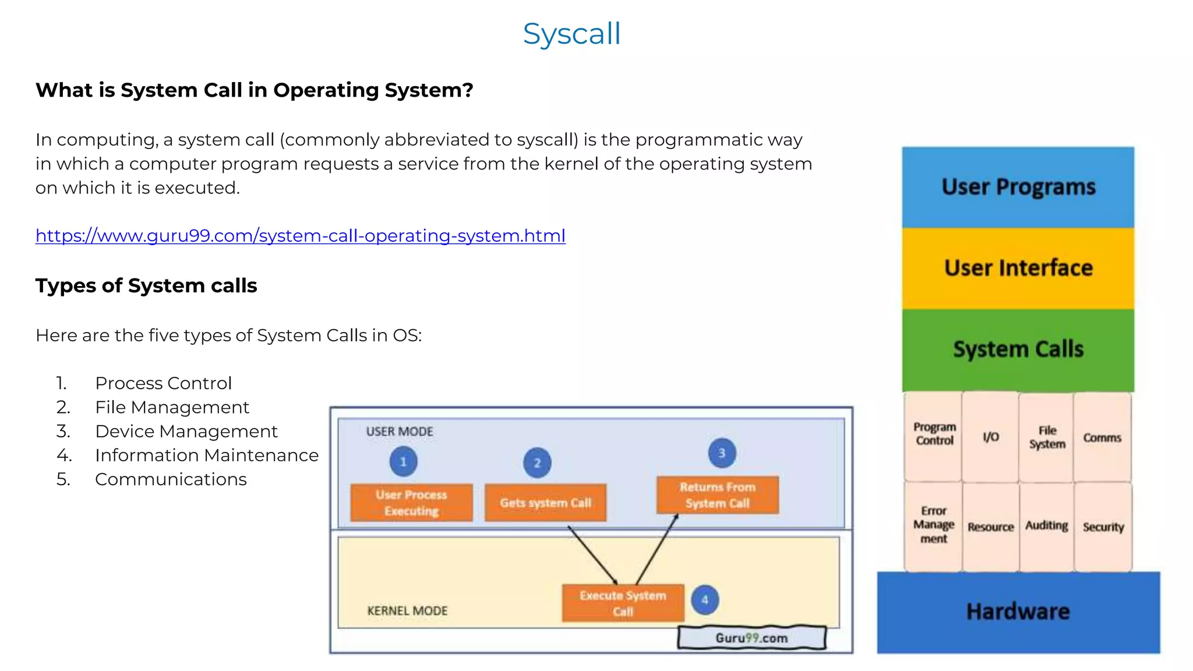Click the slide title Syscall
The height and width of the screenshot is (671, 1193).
[571, 34]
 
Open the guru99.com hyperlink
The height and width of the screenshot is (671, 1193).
[300, 236]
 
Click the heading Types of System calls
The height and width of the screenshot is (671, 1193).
[146, 286]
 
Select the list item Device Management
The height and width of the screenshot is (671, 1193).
[186, 432]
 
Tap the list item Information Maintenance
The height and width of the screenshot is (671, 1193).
[207, 455]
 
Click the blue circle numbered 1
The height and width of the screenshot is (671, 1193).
[403, 462]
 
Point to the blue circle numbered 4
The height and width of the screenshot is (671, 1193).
[705, 600]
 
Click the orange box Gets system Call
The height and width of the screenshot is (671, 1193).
[545, 503]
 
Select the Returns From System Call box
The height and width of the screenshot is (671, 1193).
[717, 495]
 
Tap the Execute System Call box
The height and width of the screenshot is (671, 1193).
[623, 603]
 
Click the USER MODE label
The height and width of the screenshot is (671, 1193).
[400, 432]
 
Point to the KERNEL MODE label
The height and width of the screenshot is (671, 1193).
[407, 611]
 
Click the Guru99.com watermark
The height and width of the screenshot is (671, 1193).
[751, 638]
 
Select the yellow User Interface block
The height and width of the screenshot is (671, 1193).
[1018, 269]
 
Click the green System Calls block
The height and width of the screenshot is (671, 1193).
[1018, 349]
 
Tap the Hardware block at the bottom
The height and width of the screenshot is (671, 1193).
[1018, 612]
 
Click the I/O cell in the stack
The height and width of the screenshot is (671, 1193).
[990, 437]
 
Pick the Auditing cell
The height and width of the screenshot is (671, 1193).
[1046, 526]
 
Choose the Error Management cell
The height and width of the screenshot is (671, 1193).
[933, 525]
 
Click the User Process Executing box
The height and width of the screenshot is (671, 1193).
[411, 503]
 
